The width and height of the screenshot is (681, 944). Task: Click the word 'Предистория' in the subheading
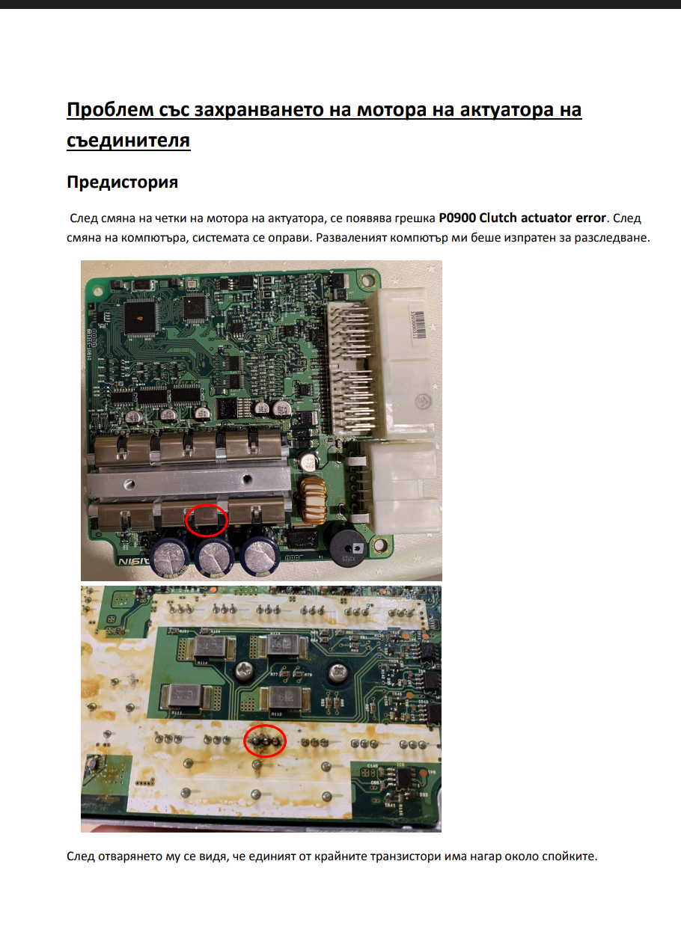pyautogui.click(x=122, y=183)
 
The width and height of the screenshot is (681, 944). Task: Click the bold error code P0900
pyautogui.click(x=457, y=218)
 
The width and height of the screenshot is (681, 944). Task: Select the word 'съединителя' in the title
pyautogui.click(x=128, y=141)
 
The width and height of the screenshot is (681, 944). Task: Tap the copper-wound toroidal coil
pyautogui.click(x=313, y=500)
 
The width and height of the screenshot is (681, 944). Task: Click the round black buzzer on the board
pyautogui.click(x=348, y=549)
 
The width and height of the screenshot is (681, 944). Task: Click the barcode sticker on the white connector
pyautogui.click(x=418, y=324)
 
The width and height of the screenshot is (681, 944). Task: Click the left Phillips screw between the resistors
pyautogui.click(x=245, y=672)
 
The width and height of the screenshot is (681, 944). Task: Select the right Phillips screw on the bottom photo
pyautogui.click(x=338, y=673)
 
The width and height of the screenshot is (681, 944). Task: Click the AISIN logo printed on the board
pyautogui.click(x=133, y=561)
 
